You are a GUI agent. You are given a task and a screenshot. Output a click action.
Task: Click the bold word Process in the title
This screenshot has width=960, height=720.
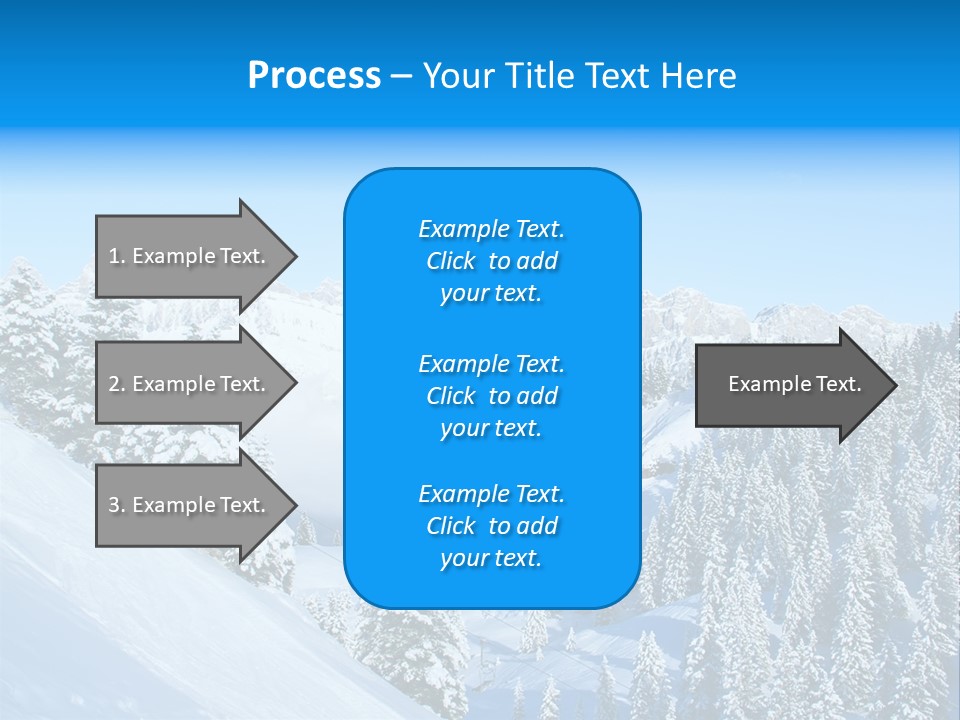pos(314,76)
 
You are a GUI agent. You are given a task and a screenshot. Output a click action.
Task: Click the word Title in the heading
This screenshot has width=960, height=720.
pos(540,76)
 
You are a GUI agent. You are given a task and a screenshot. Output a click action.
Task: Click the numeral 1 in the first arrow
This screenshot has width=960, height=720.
pos(114,256)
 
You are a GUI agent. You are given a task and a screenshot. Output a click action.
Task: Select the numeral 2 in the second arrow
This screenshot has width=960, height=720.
pos(114,384)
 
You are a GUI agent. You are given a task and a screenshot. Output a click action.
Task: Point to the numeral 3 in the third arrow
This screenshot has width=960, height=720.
pos(114,505)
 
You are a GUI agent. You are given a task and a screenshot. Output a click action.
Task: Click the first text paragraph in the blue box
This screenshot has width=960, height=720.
pos(491,261)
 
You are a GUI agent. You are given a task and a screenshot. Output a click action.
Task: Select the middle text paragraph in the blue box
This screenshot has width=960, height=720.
pos(491,396)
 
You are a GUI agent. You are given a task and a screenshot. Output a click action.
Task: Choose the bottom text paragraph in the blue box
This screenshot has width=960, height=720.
pos(491,526)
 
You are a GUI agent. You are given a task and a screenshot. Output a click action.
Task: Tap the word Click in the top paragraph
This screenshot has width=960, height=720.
pos(450,261)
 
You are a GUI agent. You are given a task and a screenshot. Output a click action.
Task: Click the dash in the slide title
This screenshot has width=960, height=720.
pos(401,76)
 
